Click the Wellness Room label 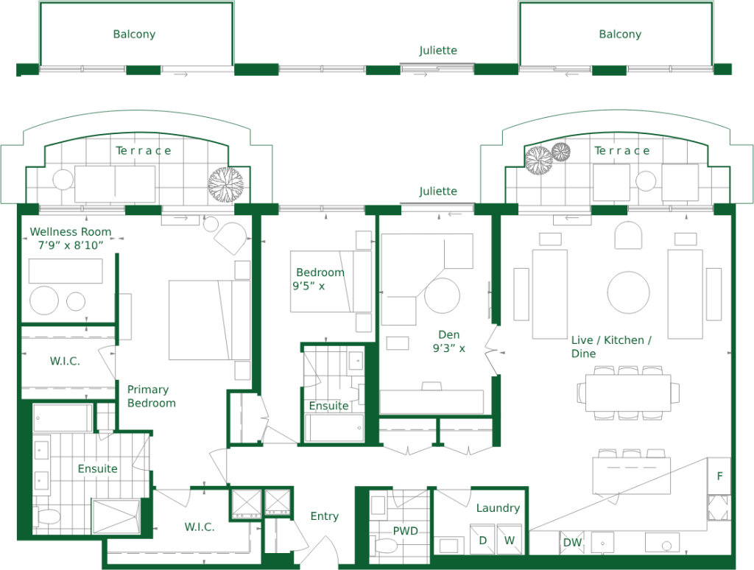[x=71, y=232]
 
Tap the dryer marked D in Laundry [x=482, y=541]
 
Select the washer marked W [x=510, y=541]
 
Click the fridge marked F [x=719, y=476]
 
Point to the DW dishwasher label [x=572, y=543]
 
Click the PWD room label [x=406, y=530]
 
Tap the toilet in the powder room [x=385, y=546]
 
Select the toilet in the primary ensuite [x=46, y=516]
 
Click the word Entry [x=325, y=516]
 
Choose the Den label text [x=448, y=335]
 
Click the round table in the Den [x=442, y=295]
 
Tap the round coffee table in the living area [x=629, y=292]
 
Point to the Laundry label [x=498, y=508]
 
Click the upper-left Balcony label [x=134, y=34]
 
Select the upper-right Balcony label [x=620, y=34]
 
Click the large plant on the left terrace [x=225, y=184]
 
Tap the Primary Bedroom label [x=151, y=396]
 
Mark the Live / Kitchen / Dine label [x=611, y=346]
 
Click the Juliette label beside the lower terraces [x=437, y=191]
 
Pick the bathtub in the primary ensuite [x=62, y=418]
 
